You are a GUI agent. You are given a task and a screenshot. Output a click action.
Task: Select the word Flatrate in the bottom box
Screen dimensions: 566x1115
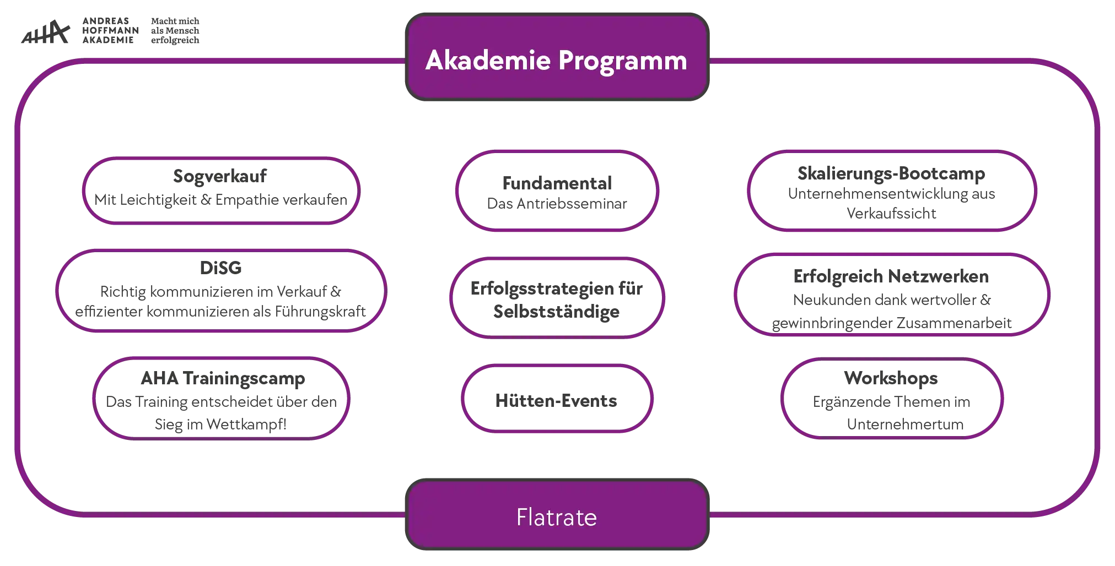click(556, 518)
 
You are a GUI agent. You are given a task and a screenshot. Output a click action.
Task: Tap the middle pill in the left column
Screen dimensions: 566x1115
click(220, 291)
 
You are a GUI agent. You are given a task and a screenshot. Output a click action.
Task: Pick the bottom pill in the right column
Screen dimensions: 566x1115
click(891, 399)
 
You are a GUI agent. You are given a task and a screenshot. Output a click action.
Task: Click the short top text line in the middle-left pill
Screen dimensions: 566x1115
click(220, 269)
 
